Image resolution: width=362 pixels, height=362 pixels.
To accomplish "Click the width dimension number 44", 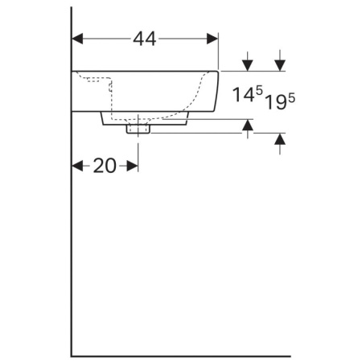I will [145, 38].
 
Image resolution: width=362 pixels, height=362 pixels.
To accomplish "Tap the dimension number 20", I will [105, 166].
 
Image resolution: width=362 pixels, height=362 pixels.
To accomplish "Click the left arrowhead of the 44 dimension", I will [78, 38].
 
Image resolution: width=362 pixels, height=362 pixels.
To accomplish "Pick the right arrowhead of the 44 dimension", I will [212, 38].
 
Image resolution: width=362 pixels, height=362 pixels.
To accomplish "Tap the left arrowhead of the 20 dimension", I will [78, 166].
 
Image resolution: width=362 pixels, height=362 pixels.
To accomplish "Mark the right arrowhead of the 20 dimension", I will [133, 166].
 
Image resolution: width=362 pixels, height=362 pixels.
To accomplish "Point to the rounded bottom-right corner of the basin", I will [214, 106].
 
